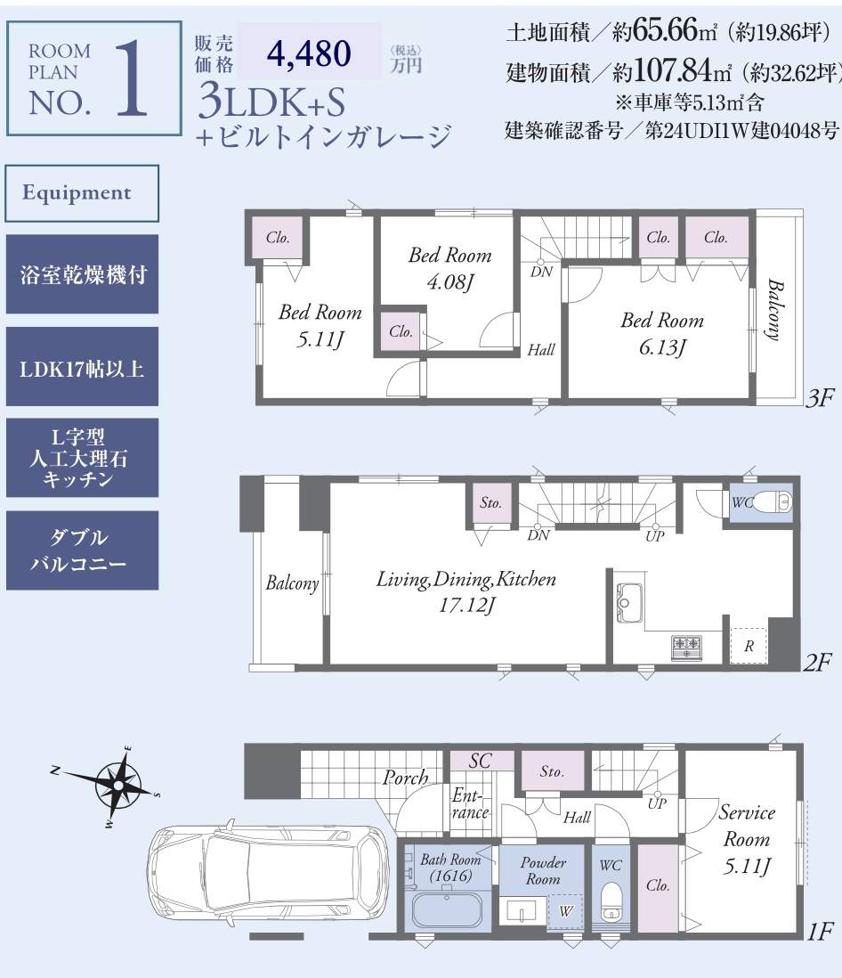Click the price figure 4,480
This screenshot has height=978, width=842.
pyautogui.click(x=309, y=53)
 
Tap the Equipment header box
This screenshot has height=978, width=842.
pyautogui.click(x=82, y=192)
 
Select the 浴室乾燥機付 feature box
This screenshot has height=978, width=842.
pyautogui.click(x=82, y=273)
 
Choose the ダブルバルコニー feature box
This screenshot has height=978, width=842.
pyautogui.click(x=82, y=550)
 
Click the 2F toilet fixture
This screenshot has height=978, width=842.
pyautogui.click(x=772, y=501)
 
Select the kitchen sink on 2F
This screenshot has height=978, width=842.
pyautogui.click(x=629, y=603)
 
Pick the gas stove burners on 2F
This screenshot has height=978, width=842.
pyautogui.click(x=686, y=647)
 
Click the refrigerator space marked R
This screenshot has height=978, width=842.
pyautogui.click(x=749, y=646)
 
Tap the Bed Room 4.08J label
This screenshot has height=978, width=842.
pyautogui.click(x=450, y=268)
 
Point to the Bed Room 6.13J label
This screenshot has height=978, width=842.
pyautogui.click(x=662, y=334)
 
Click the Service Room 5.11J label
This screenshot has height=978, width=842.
pyautogui.click(x=747, y=839)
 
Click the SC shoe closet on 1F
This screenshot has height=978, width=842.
pyautogui.click(x=481, y=761)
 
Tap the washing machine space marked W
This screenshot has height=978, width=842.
pyautogui.click(x=565, y=912)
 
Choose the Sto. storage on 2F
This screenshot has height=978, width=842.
pyautogui.click(x=491, y=503)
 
